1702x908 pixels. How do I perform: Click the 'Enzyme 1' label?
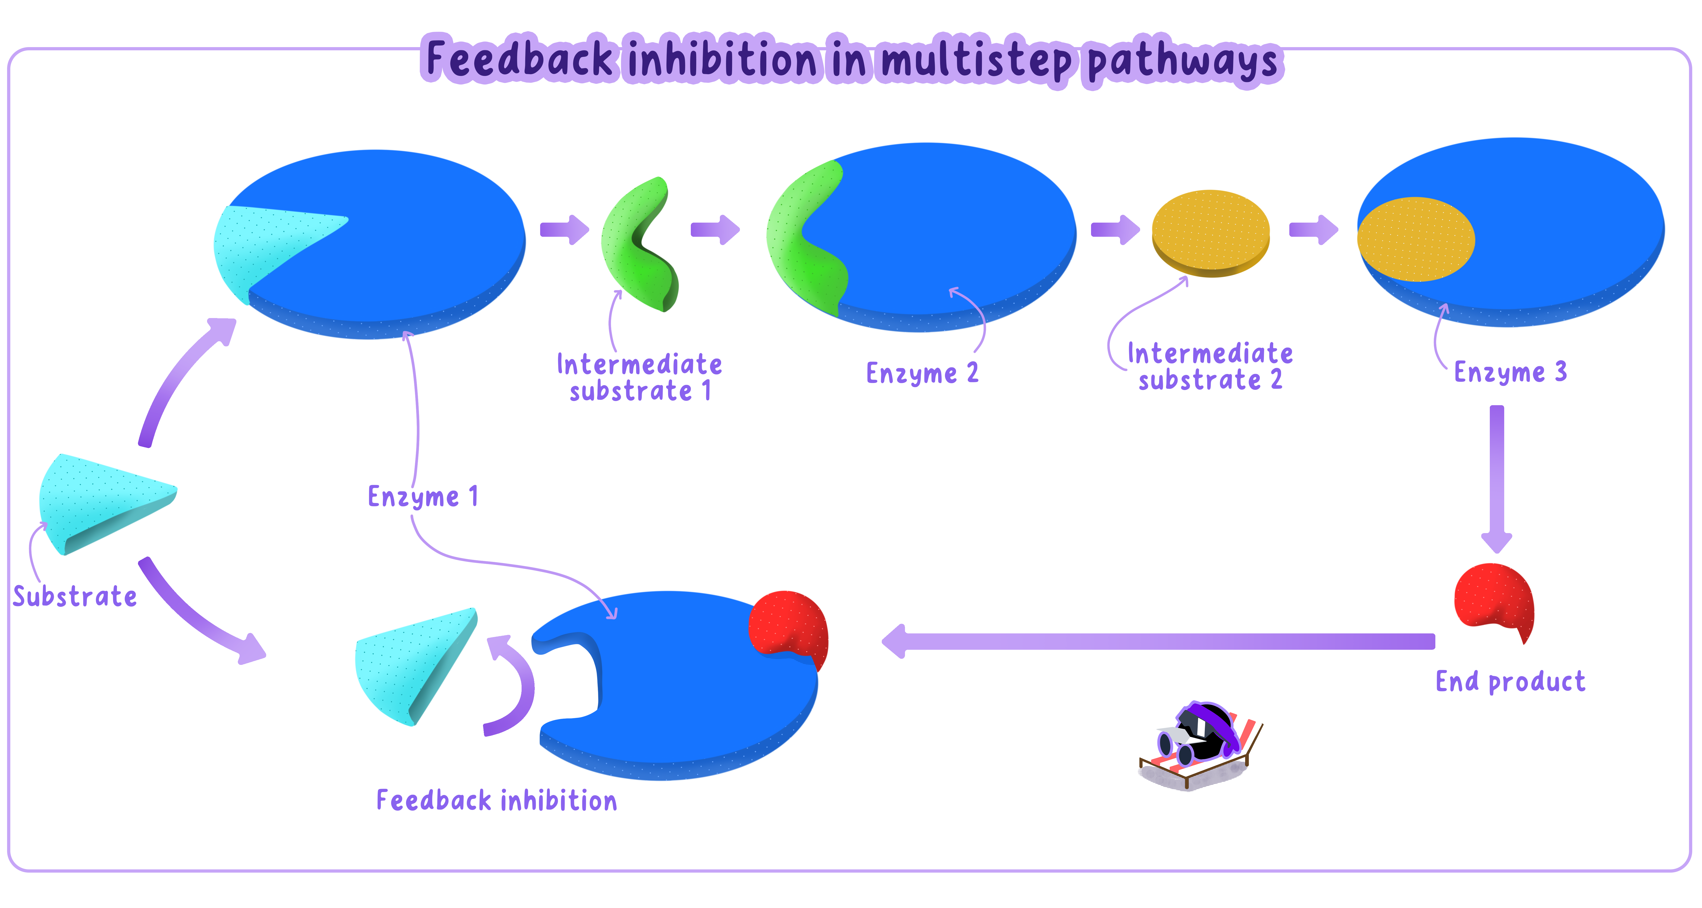click(423, 497)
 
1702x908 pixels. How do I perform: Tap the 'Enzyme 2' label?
click(922, 373)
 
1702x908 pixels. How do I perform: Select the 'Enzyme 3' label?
click(1510, 372)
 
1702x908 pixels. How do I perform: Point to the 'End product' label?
click(1510, 681)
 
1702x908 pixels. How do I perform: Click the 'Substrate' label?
click(75, 596)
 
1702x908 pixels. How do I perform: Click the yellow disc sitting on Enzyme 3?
click(1415, 239)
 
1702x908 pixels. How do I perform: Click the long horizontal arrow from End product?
click(1156, 641)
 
